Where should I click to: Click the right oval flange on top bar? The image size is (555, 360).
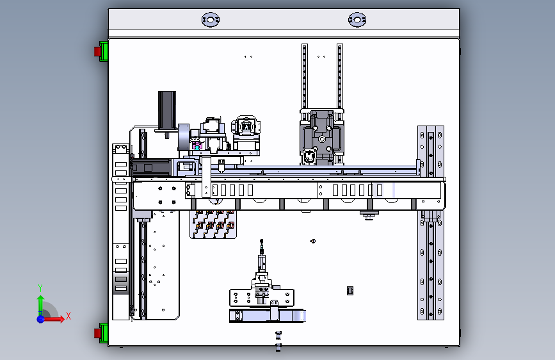[357, 20]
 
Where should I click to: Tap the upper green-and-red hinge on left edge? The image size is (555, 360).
[101, 51]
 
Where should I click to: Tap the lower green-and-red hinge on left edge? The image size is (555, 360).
[101, 332]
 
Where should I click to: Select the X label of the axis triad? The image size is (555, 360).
[68, 316]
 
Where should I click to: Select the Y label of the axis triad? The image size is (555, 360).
[40, 288]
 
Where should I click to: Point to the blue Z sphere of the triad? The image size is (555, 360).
[40, 318]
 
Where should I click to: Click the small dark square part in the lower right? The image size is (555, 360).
[350, 291]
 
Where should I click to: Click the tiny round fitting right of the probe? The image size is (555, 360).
[313, 241]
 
